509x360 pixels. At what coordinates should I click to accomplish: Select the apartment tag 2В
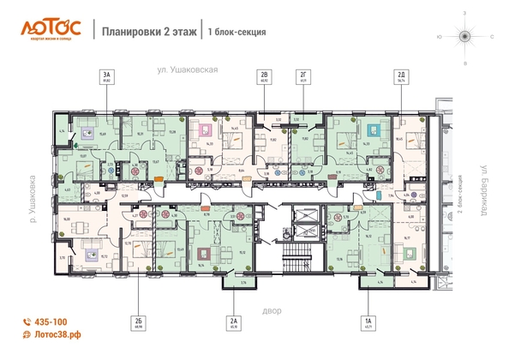point(265,79)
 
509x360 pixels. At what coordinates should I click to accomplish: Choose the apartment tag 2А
point(232,321)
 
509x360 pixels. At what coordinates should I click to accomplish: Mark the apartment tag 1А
point(368,321)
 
